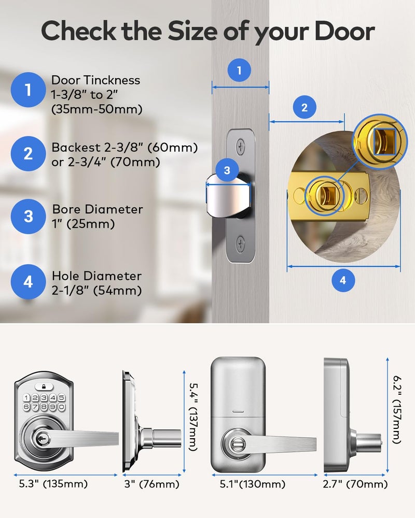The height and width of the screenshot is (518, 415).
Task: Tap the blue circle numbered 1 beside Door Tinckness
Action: tap(28, 90)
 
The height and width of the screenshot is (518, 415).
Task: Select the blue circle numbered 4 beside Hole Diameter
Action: tap(28, 282)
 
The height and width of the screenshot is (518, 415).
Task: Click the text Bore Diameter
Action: tap(97, 210)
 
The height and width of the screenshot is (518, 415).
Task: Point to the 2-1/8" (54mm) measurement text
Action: tap(96, 291)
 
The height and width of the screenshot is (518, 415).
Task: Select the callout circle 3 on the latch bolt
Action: tap(227, 170)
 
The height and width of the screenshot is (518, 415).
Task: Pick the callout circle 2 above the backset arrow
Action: tap(304, 108)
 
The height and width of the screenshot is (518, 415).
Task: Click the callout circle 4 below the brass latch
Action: tap(342, 280)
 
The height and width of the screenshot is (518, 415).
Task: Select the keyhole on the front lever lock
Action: tap(40, 438)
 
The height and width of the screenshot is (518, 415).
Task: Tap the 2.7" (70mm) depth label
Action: tap(355, 484)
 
